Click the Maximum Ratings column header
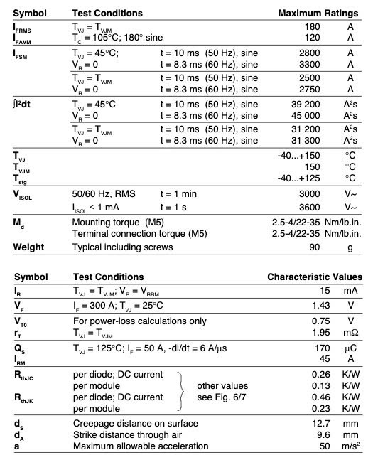[x=318, y=14]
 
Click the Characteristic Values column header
[x=315, y=277]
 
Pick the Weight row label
[x=28, y=247]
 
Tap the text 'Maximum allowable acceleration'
[x=141, y=446]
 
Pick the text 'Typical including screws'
[x=122, y=247]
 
